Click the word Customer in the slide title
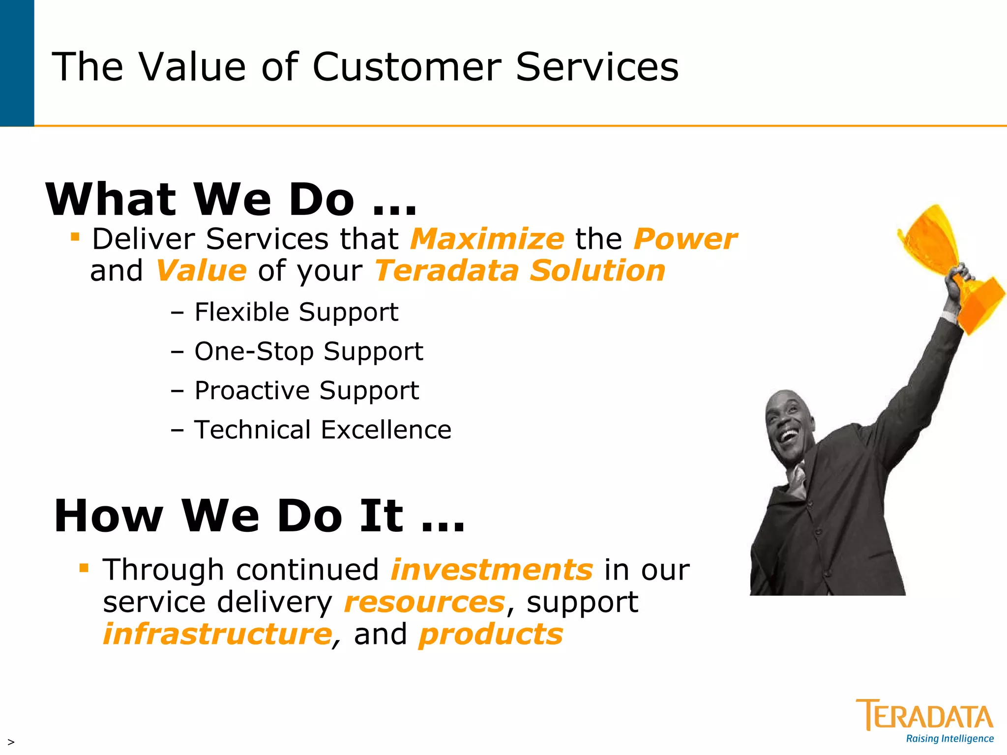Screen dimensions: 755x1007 coord(407,67)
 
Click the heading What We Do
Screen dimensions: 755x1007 coord(231,200)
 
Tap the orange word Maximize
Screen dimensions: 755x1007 coord(487,239)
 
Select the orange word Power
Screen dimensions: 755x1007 coord(685,239)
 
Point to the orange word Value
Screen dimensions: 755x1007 coord(201,271)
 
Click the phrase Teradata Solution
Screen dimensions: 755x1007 coord(520,271)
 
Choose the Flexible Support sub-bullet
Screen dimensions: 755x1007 coord(296,312)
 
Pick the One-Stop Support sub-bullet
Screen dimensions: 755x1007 coord(308,351)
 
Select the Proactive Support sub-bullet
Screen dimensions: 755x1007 coord(306,391)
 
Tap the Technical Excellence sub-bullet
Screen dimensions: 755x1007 coord(323,430)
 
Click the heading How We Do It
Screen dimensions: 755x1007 coord(259,516)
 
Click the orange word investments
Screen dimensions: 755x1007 coord(492,570)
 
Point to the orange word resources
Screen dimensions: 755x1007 coord(424,602)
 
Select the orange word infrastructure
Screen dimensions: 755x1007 coord(217,634)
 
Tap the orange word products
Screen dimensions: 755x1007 coord(490,634)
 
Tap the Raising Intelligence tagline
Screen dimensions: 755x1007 coord(949,739)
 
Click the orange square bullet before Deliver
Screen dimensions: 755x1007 coord(75,237)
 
